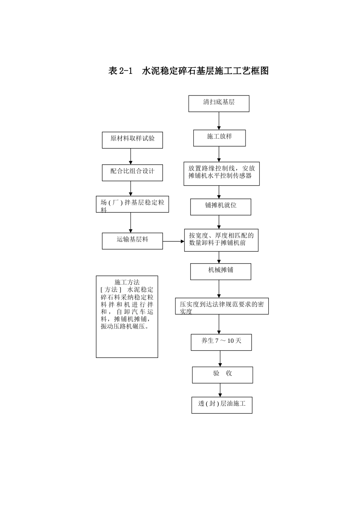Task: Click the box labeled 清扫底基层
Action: click(219, 103)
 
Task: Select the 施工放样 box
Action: click(219, 138)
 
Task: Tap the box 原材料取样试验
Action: click(132, 140)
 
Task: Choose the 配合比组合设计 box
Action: click(132, 172)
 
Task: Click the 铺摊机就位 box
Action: click(221, 207)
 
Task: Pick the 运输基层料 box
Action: click(132, 241)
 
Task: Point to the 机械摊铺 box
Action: click(221, 272)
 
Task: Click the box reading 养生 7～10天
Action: click(221, 342)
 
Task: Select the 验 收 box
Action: click(222, 375)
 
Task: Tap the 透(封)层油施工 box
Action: click(222, 405)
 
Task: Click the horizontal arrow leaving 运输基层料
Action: click(173, 241)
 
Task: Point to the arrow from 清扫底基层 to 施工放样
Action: click(219, 121)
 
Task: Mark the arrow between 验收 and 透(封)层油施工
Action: click(220, 390)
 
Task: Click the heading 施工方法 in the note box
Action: click(127, 282)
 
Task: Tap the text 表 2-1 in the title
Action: click(121, 71)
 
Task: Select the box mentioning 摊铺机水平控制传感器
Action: click(221, 174)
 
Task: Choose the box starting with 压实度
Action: click(222, 306)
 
